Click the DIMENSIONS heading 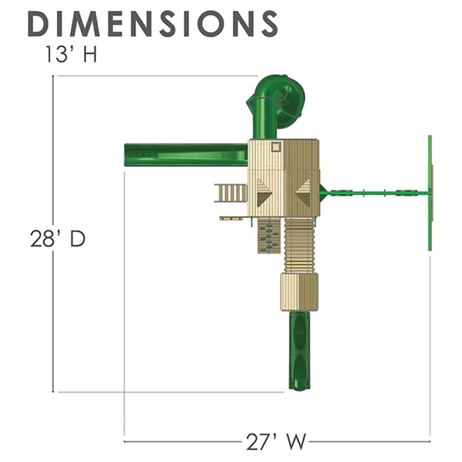tap(152, 24)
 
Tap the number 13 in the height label tap(56, 54)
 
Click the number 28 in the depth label tap(43, 238)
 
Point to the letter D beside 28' tap(77, 238)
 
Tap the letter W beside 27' tap(295, 442)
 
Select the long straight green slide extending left tap(186, 155)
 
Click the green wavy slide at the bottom tap(301, 351)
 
